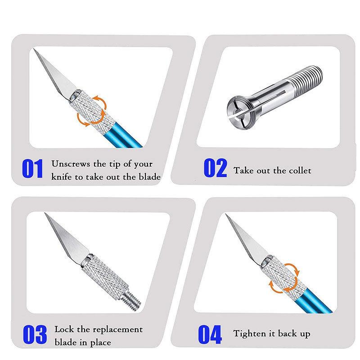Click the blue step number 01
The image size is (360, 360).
[32, 169]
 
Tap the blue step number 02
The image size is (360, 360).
[215, 168]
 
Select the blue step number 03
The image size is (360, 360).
[35, 334]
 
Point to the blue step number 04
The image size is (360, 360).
[210, 334]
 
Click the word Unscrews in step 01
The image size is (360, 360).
[71, 164]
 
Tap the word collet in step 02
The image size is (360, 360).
[300, 171]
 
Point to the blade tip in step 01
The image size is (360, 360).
[34, 49]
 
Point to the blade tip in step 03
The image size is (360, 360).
[45, 213]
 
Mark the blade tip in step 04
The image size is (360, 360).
[226, 214]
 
